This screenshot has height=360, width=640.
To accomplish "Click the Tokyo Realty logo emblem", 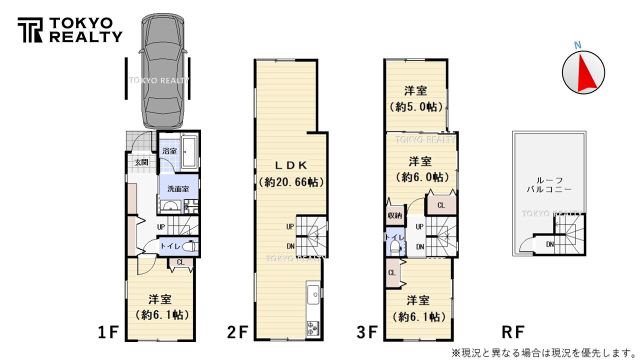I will [31, 30].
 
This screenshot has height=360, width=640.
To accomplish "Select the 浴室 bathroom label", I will [169, 151].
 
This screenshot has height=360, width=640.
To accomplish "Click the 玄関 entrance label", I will [141, 162].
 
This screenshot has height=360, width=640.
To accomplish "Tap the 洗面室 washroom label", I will [178, 189].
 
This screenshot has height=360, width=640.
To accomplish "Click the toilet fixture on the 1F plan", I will [189, 246].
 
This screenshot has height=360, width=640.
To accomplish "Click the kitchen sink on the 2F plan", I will [313, 293].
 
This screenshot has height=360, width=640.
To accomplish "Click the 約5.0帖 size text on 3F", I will [415, 106].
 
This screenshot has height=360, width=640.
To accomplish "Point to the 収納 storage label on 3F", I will [395, 215].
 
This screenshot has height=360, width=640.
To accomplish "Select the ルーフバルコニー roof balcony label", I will [548, 184].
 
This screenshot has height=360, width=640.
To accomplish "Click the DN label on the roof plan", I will [550, 244].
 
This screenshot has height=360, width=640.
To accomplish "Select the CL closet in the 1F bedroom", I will [180, 262].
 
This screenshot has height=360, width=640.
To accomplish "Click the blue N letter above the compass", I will [577, 45].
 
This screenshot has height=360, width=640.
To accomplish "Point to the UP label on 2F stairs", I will [290, 226].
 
